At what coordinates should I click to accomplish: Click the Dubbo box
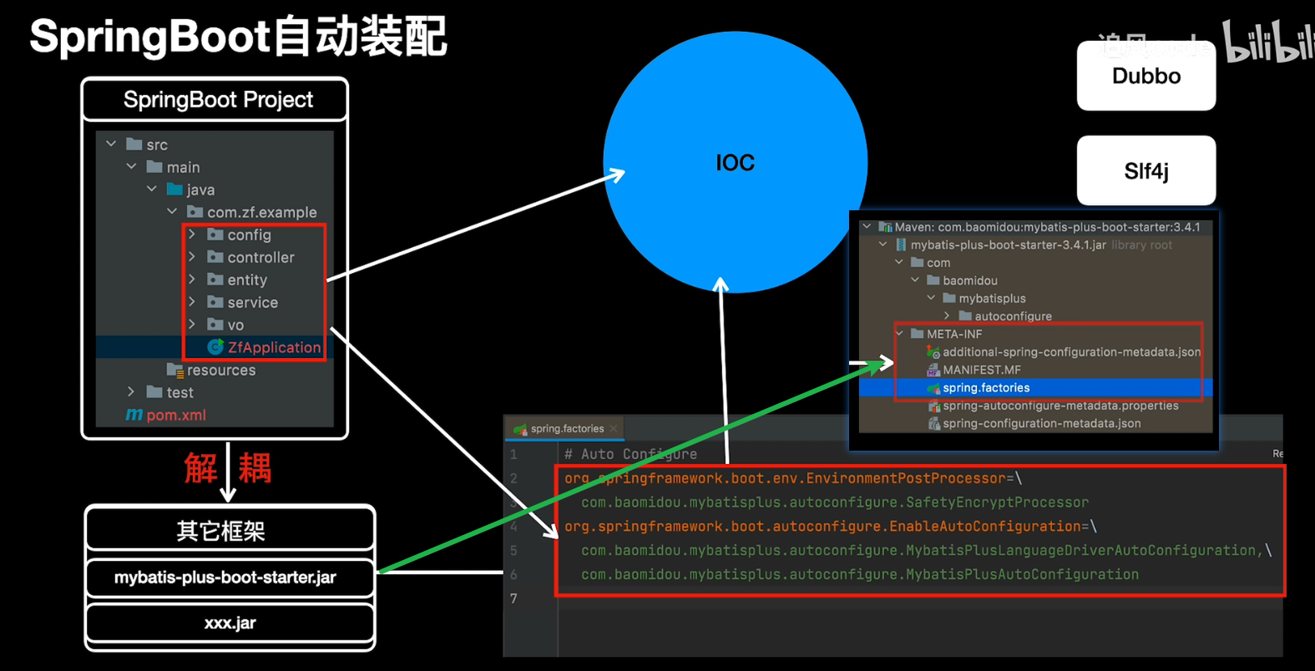click(1146, 76)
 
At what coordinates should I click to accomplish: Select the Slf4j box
click(1146, 171)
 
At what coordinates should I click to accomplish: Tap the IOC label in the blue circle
click(735, 163)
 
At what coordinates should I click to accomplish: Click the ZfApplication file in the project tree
click(273, 347)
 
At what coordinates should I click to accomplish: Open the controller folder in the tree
click(260, 257)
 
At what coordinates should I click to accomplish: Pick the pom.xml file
click(175, 415)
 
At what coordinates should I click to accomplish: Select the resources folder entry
click(220, 370)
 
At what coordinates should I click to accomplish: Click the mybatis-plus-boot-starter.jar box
click(225, 578)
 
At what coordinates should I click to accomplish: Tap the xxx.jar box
click(230, 623)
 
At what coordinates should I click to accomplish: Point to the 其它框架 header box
click(221, 531)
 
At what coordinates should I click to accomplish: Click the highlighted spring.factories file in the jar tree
click(986, 388)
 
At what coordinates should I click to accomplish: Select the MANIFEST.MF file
click(981, 370)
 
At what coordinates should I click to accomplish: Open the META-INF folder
click(953, 334)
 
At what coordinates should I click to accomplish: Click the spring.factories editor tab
click(566, 429)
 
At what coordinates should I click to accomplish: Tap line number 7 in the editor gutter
click(513, 598)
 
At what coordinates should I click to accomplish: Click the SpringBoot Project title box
click(218, 100)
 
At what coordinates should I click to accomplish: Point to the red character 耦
click(255, 468)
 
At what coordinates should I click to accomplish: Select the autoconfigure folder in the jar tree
click(1012, 316)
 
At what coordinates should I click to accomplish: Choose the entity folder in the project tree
click(246, 280)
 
